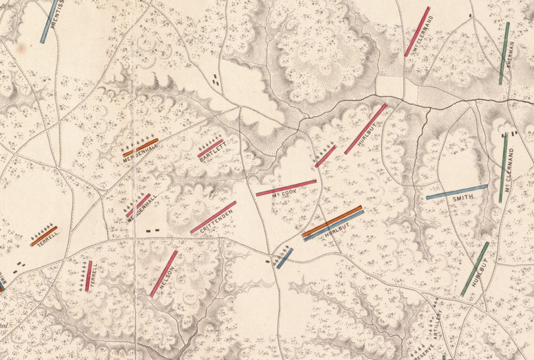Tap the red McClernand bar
pos(417,31)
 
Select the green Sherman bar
pos(504,53)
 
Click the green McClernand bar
pos(503,167)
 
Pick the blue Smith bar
pos(457,192)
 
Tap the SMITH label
pos(463,199)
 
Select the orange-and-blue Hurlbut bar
pos(332,223)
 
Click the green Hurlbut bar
pos(475,268)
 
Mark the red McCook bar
pos(286,188)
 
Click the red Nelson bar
pos(164,273)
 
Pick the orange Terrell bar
pos(44,236)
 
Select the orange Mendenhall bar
pos(140,148)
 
